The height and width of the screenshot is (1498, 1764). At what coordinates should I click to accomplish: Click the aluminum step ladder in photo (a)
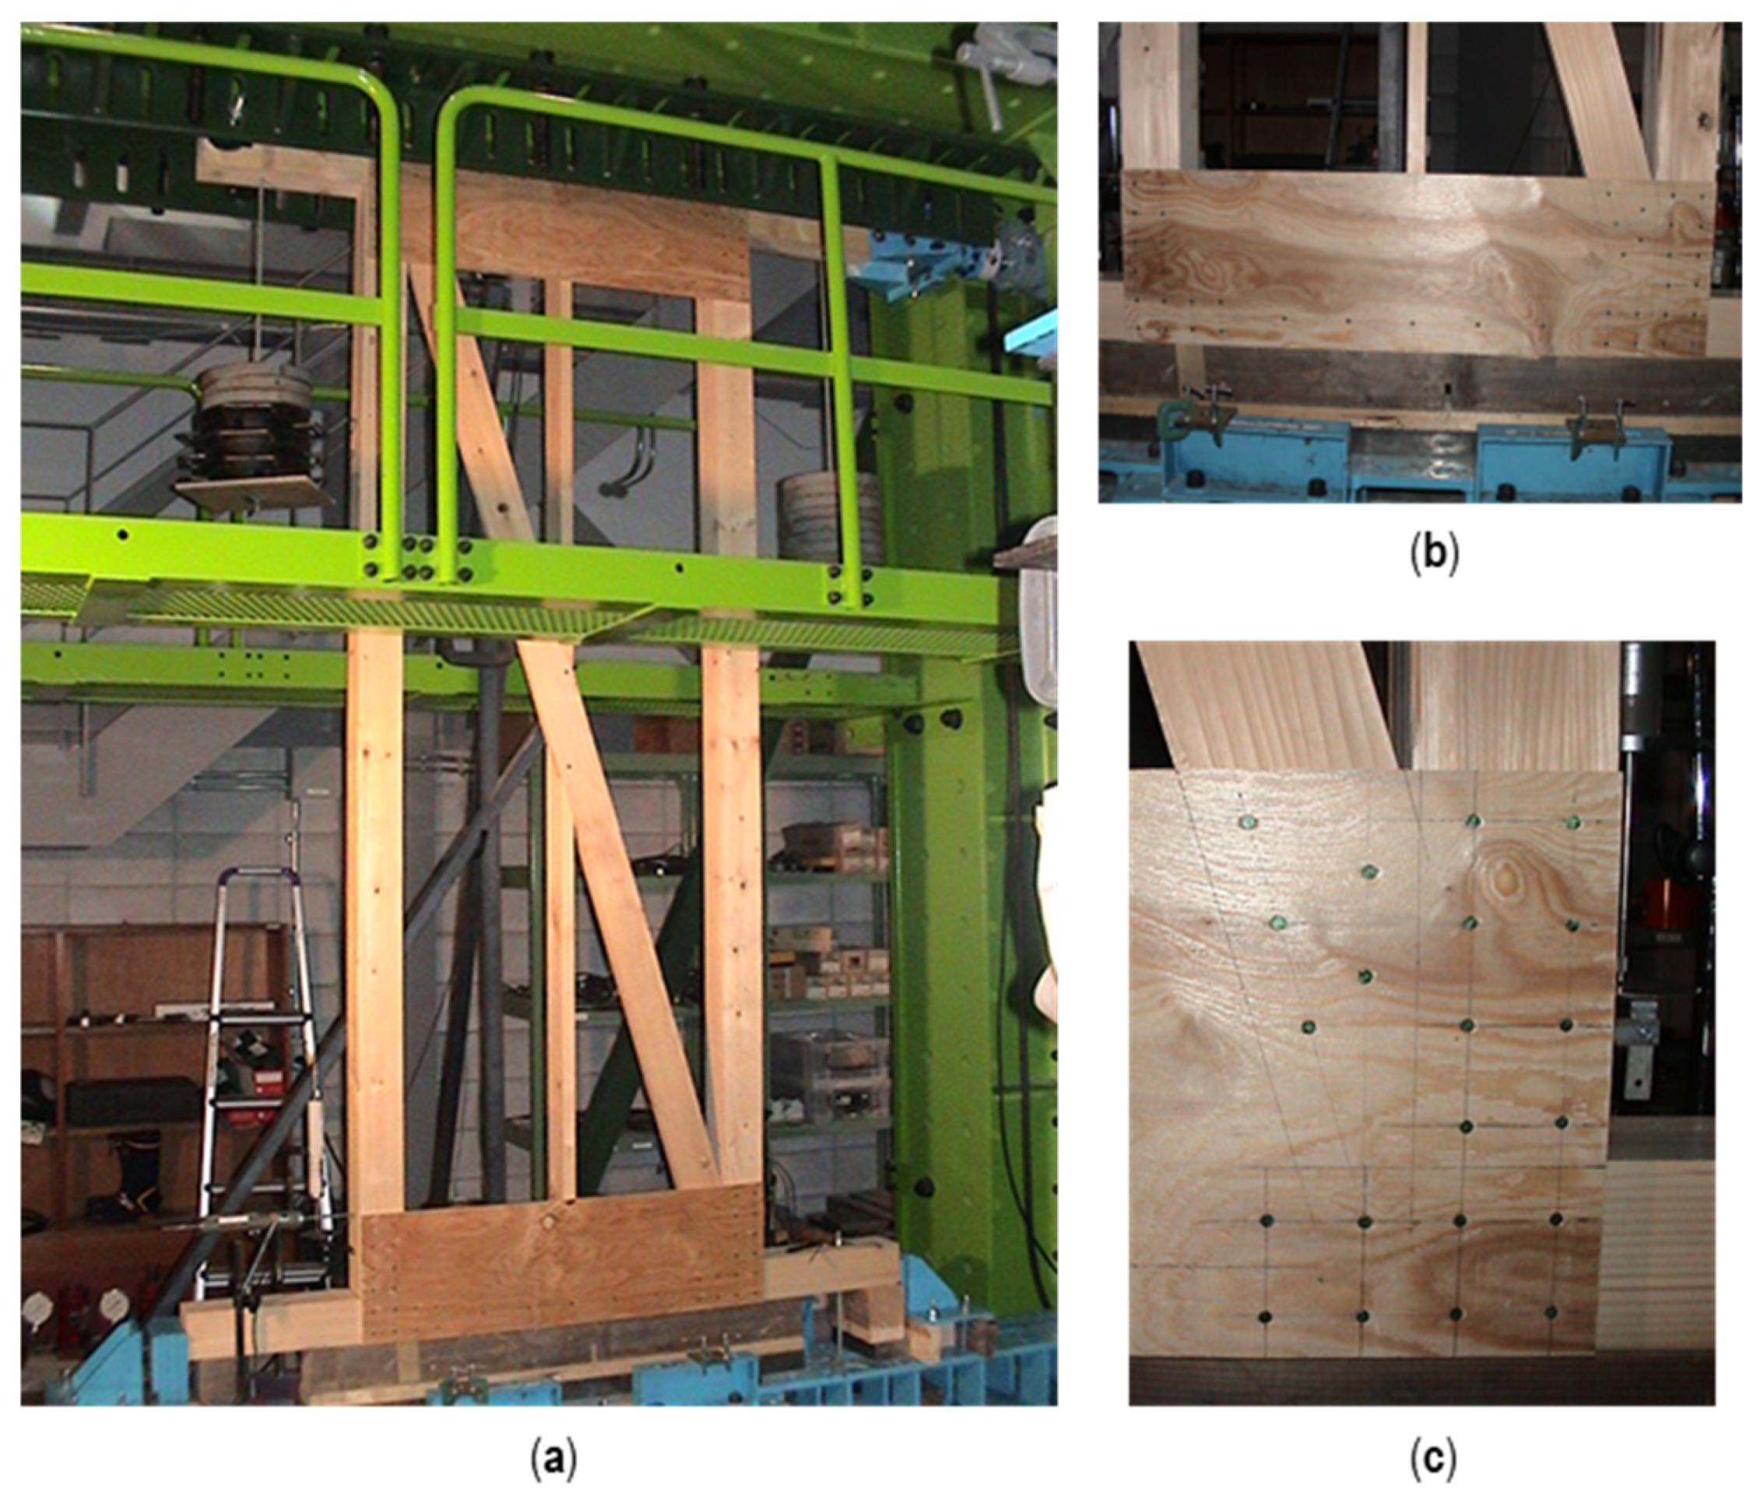(x=255, y=1079)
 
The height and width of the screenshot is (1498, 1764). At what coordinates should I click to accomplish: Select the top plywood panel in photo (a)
(x=586, y=233)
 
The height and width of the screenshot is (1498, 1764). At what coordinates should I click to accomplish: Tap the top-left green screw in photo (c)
(x=1248, y=821)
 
